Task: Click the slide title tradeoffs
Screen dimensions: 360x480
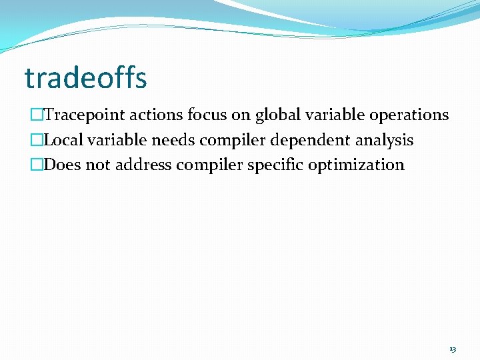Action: coord(85,79)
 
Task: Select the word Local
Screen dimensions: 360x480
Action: coord(64,141)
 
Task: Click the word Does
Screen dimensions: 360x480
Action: coord(62,165)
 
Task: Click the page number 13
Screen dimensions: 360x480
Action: coord(453,349)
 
